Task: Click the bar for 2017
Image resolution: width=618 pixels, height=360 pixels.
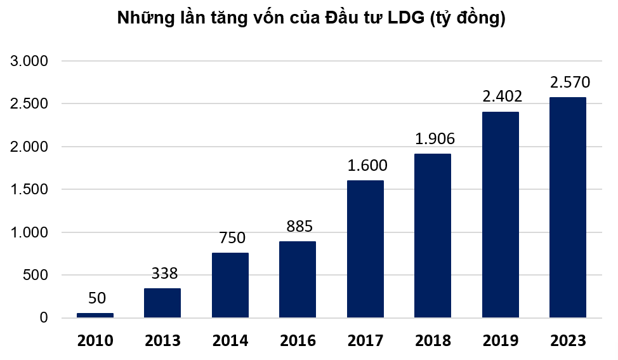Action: pos(365,249)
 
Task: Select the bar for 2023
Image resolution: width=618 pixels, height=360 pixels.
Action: pos(567,207)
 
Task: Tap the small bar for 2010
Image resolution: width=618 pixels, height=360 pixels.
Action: pos(95,315)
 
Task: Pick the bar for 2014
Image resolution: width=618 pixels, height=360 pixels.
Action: pos(230,285)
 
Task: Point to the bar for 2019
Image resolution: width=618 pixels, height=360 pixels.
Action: pos(500,215)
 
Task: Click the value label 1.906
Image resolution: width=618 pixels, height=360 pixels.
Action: pos(435,139)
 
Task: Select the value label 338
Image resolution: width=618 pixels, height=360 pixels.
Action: pos(164,274)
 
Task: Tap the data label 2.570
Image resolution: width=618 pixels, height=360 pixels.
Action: pos(570,83)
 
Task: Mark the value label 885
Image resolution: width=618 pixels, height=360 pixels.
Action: pos(299,226)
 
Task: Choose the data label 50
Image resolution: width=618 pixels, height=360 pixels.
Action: pos(97,298)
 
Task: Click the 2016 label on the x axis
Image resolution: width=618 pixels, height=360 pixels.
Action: pos(298,341)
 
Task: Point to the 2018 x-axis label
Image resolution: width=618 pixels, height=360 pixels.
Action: pos(433,341)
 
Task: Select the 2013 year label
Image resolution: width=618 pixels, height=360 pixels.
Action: pos(162,341)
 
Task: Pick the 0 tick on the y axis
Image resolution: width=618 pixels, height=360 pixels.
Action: pos(43,318)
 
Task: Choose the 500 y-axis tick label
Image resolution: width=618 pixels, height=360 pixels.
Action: pos(35,276)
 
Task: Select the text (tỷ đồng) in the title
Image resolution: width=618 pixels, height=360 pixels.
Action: pos(468,20)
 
